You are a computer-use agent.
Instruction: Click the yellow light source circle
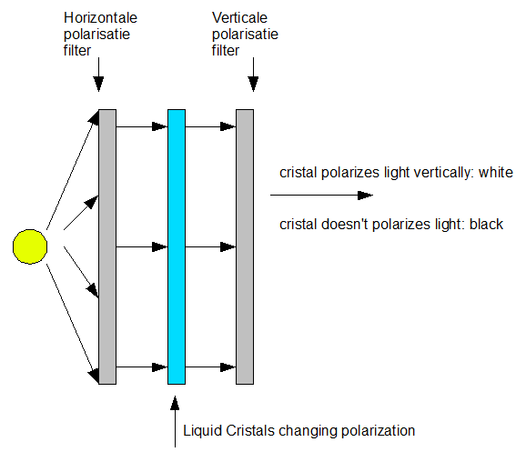[30, 246]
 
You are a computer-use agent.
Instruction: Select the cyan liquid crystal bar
[177, 246]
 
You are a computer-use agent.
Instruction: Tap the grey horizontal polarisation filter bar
[107, 246]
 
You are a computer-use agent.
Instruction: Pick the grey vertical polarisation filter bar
[245, 246]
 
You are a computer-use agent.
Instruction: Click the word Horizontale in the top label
[100, 18]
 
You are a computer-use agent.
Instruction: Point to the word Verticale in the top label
[239, 18]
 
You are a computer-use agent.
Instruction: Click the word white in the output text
[496, 172]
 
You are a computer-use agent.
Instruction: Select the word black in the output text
[486, 225]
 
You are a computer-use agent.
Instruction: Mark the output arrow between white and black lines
[321, 196]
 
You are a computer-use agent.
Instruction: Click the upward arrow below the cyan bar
[175, 422]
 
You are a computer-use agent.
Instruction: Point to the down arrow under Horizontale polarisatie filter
[98, 75]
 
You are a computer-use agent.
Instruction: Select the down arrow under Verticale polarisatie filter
[253, 75]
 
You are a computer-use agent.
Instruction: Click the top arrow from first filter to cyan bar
[142, 126]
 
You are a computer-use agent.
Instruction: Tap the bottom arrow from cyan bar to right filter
[210, 367]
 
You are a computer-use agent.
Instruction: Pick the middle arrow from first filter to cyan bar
[142, 247]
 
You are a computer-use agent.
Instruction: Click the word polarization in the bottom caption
[378, 431]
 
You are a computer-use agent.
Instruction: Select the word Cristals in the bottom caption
[250, 431]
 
